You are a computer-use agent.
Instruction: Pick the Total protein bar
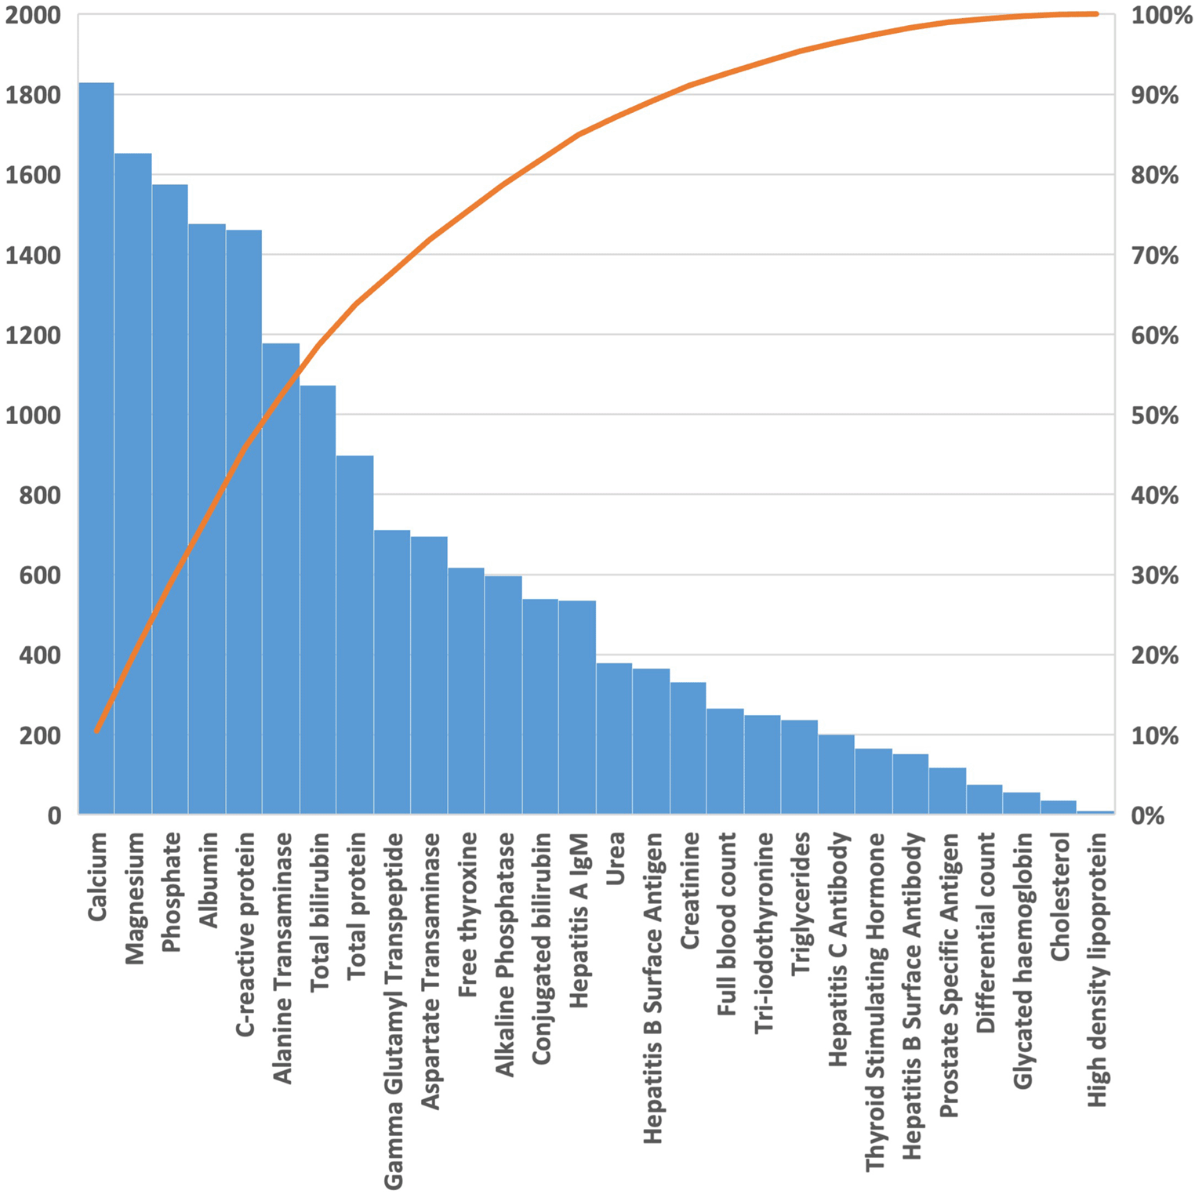pos(354,634)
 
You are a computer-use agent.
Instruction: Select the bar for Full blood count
pos(725,761)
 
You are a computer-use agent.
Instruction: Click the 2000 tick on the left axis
pos(33,15)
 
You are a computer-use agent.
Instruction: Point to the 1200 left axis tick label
pos(33,336)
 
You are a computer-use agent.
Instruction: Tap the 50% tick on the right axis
pos(1154,416)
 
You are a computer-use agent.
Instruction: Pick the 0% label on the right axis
pos(1148,815)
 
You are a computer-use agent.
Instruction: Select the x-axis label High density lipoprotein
pos(1097,969)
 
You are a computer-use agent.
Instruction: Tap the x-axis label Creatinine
pos(689,891)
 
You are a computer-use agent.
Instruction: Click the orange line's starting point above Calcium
pos(96,731)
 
